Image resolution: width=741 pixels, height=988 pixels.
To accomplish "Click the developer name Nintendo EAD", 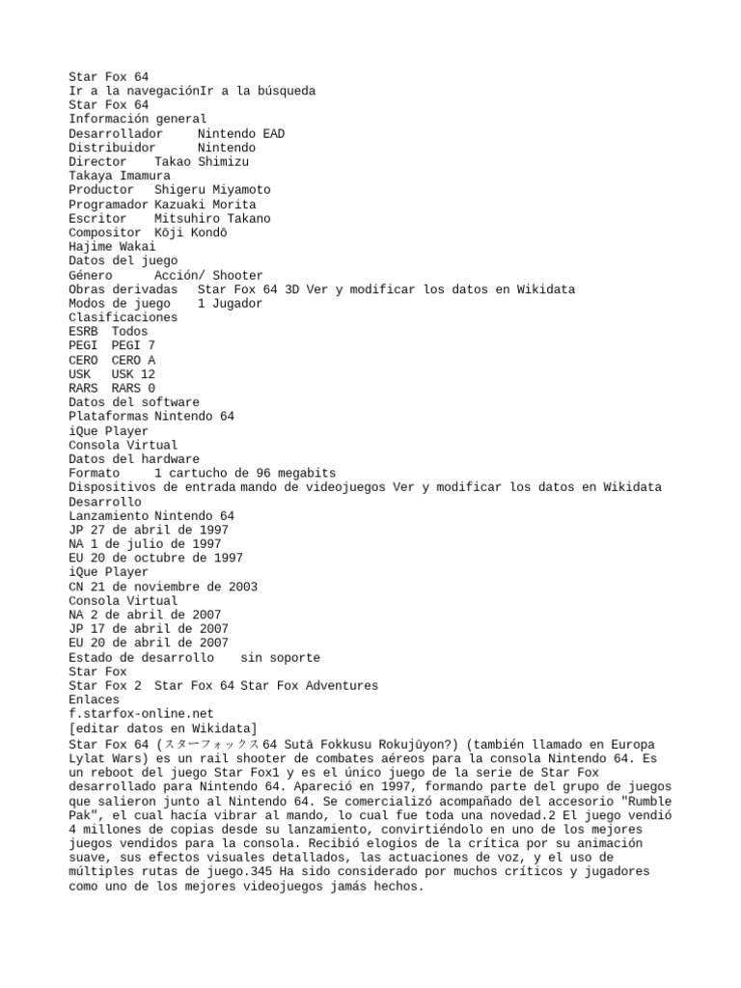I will click(240, 133).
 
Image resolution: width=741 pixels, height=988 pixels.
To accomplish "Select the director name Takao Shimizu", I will click(205, 162).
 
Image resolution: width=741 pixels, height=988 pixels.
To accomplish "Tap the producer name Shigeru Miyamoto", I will click(212, 190).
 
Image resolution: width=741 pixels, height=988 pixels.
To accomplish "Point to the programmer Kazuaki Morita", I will click(205, 205).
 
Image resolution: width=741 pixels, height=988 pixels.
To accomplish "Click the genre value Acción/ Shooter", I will click(208, 275).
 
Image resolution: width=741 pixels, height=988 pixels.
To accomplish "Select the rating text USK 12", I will click(133, 373).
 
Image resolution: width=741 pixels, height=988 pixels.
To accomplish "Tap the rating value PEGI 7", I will click(133, 345).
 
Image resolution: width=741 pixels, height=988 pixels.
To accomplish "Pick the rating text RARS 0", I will click(133, 388).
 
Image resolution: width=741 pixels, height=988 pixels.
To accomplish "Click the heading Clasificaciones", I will click(123, 317).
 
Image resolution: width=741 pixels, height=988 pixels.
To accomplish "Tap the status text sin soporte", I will click(280, 657).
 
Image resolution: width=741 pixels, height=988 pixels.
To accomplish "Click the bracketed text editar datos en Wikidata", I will click(162, 727).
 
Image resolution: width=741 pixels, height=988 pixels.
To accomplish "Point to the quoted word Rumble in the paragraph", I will click(627, 802).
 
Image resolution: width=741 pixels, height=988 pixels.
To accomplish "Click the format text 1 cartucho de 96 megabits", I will click(245, 473).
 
